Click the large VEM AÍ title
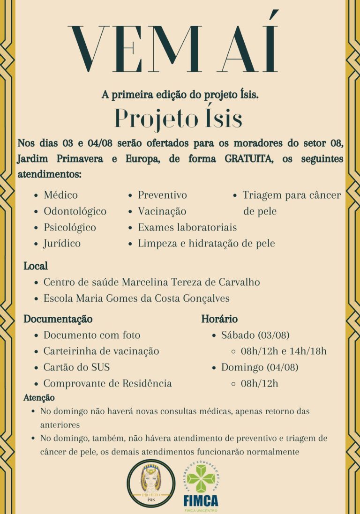173,49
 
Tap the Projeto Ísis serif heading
179,119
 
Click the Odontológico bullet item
75,211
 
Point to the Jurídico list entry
62,244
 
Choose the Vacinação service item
162,211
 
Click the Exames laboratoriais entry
187,228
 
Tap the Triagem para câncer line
292,195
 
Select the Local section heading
36,266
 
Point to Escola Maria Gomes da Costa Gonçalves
136,298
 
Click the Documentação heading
58,319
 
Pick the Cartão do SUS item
77,367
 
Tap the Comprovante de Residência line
107,383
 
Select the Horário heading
219,319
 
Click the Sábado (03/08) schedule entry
255,335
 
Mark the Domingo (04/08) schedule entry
260,367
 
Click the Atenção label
39,398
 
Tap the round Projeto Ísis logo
151,483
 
